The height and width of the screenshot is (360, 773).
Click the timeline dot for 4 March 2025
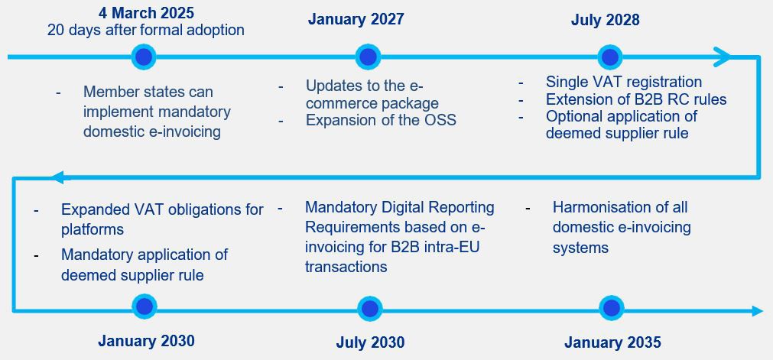144,57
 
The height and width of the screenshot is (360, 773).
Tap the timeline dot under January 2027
368,57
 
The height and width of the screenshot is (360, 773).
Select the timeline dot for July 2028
610,57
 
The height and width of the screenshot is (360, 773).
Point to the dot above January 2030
145,308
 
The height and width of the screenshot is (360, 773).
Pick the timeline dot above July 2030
369,309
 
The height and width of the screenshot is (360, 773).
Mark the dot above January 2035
612,308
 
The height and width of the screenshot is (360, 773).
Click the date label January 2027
356,19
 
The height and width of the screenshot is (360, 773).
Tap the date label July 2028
606,20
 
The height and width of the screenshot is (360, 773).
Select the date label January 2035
612,342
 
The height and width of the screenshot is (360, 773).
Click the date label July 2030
370,342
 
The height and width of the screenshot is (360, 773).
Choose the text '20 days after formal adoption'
146,30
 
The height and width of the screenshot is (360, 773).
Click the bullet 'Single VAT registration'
624,81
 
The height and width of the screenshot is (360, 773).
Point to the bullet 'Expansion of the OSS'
381,120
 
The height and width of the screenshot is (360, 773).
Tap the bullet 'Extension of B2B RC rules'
636,99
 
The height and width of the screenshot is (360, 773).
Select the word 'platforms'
93,230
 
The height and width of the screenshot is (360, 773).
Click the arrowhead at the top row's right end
722,57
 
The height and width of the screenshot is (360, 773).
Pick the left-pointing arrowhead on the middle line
57,177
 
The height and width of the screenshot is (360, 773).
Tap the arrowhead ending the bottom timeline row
757,310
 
